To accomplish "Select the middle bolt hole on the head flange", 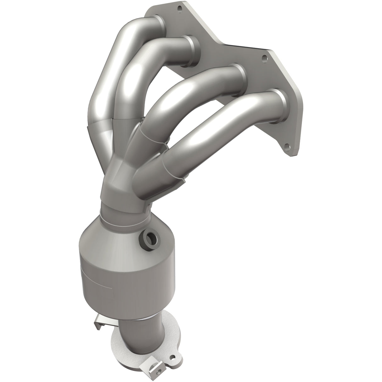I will click(265, 58).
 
